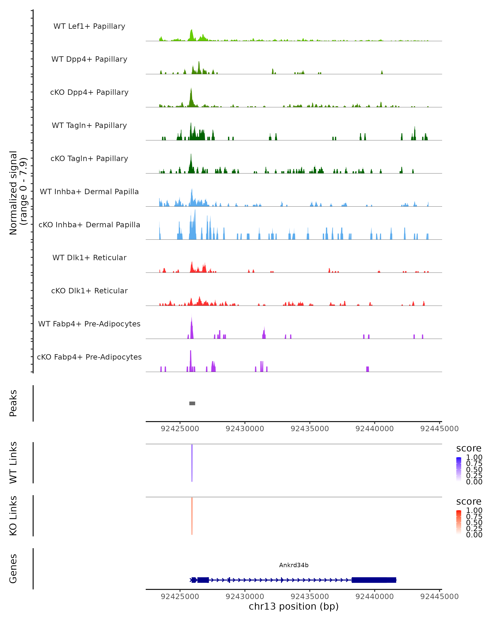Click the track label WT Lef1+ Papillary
click(89, 26)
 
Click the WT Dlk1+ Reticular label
click(89, 258)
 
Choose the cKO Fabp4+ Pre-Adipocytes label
click(89, 357)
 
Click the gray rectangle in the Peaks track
click(192, 403)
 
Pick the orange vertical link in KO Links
click(192, 516)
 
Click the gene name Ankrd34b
click(294, 565)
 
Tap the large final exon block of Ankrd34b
click(374, 580)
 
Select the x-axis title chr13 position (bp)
click(294, 606)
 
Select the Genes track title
click(13, 569)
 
